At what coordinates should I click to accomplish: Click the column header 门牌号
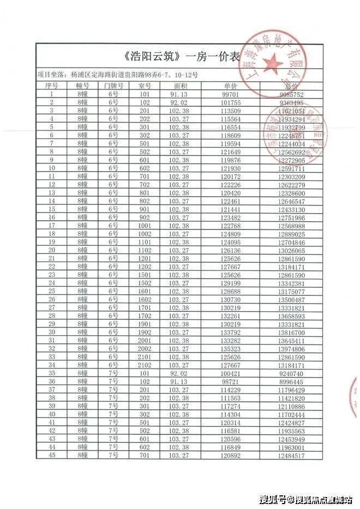(113, 86)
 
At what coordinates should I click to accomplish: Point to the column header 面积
(181, 86)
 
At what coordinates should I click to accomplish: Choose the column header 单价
(231, 86)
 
